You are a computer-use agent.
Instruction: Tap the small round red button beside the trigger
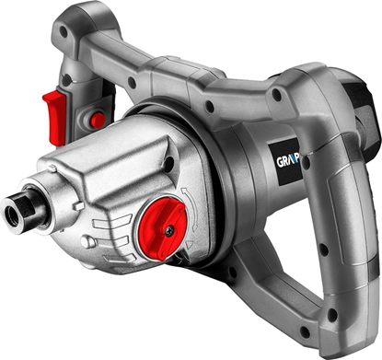pyautogui.click(x=97, y=120)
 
